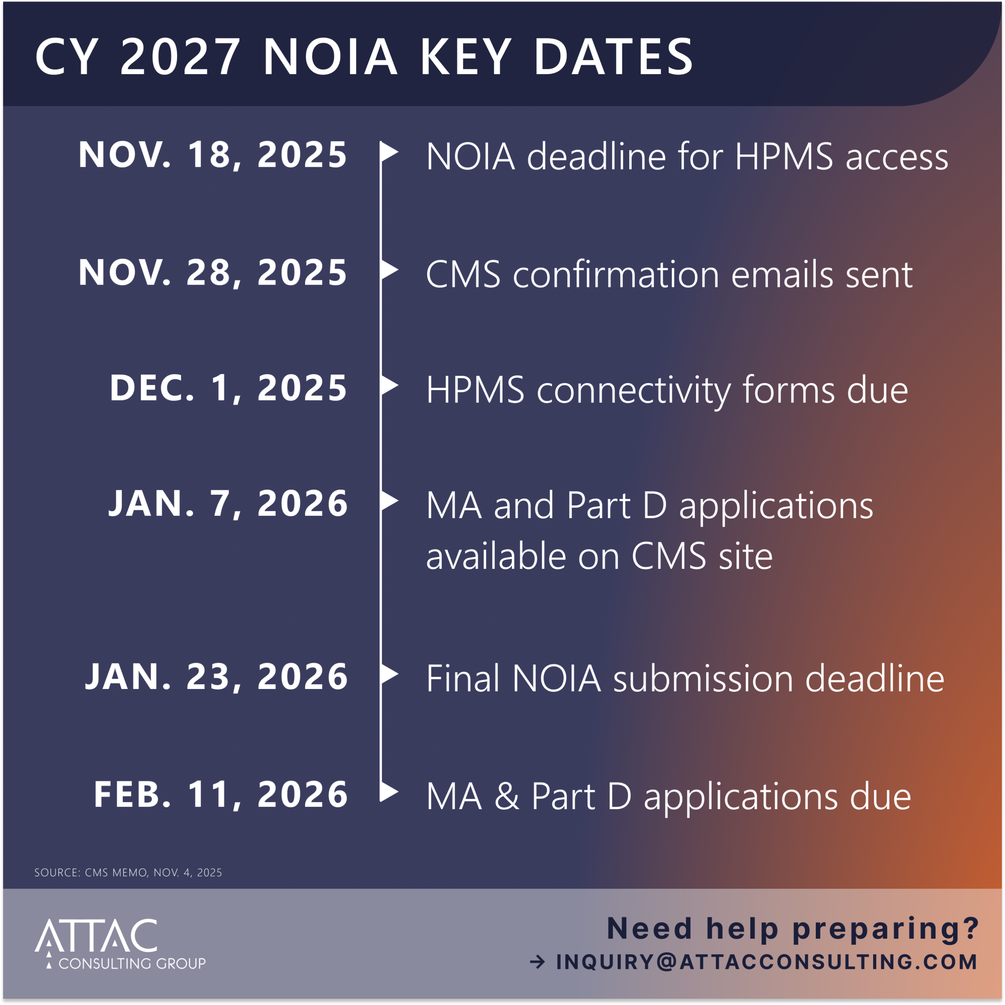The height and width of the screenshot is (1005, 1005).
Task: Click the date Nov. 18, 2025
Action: (x=213, y=155)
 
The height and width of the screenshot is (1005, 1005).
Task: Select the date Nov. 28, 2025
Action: (x=213, y=272)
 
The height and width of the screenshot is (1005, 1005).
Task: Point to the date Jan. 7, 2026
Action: (x=228, y=504)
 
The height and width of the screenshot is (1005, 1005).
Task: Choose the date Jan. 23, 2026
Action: (x=216, y=677)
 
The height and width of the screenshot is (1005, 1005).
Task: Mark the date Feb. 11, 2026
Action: (x=221, y=794)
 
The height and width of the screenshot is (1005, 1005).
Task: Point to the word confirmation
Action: (x=616, y=274)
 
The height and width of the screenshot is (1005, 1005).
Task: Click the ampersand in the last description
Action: (x=507, y=796)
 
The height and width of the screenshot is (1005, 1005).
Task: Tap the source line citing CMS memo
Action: (x=128, y=872)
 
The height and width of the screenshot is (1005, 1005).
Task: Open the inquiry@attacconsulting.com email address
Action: (x=767, y=962)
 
